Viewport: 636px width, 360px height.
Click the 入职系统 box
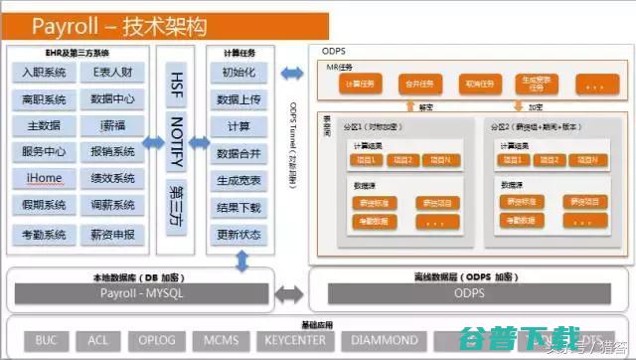click(46, 74)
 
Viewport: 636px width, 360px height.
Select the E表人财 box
click(111, 74)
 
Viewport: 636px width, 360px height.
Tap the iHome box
click(46, 179)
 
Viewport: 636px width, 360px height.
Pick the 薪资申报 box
click(111, 235)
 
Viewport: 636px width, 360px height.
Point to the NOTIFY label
click(177, 141)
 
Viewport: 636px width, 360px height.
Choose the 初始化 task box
click(238, 74)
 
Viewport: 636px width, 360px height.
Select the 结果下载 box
click(238, 208)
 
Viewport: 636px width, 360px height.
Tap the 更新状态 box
click(238, 235)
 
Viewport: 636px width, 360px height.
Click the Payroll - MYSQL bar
click(139, 294)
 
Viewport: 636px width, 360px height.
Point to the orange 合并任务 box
click(420, 84)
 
